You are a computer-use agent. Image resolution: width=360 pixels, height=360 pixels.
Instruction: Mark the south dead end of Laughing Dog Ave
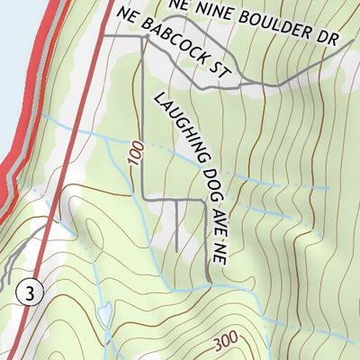pyautogui.click(x=209, y=278)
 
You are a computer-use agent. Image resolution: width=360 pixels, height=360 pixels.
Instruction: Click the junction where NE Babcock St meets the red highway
pyautogui.click(x=101, y=35)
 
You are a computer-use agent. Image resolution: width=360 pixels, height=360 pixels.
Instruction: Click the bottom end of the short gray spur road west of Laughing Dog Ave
pyautogui.click(x=176, y=250)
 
